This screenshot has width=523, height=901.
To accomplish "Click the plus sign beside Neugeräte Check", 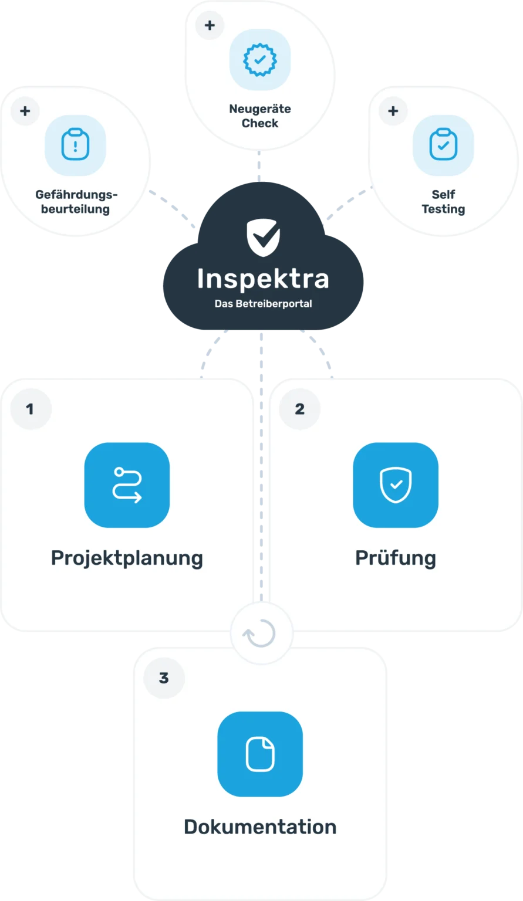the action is tap(210, 25).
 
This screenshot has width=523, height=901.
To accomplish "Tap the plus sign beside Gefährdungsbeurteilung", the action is tap(25, 111).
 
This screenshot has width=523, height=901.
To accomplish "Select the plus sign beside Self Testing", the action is tap(393, 111).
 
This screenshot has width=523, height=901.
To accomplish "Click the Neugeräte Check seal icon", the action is tap(260, 59).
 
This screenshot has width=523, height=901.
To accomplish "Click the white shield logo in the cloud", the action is tap(264, 238).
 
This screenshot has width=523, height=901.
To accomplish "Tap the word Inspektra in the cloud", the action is tap(263, 279).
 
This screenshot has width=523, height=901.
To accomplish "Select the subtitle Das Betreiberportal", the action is tap(264, 304).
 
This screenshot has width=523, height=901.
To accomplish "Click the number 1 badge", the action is tap(31, 409).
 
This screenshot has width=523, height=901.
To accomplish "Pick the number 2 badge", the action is tap(299, 409).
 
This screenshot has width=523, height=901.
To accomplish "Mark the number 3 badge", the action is tap(164, 678).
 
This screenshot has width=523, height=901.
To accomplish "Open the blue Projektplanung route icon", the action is tap(127, 485).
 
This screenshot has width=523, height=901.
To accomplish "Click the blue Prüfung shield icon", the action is tap(396, 485).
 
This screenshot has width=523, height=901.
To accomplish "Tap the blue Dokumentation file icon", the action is tap(260, 754).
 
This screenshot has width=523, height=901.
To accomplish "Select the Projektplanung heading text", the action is tap(127, 558).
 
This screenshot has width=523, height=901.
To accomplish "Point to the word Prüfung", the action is tap(396, 558).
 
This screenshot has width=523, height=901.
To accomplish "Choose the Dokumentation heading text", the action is tap(260, 827).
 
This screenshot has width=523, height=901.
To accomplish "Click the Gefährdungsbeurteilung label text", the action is tap(76, 202).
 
